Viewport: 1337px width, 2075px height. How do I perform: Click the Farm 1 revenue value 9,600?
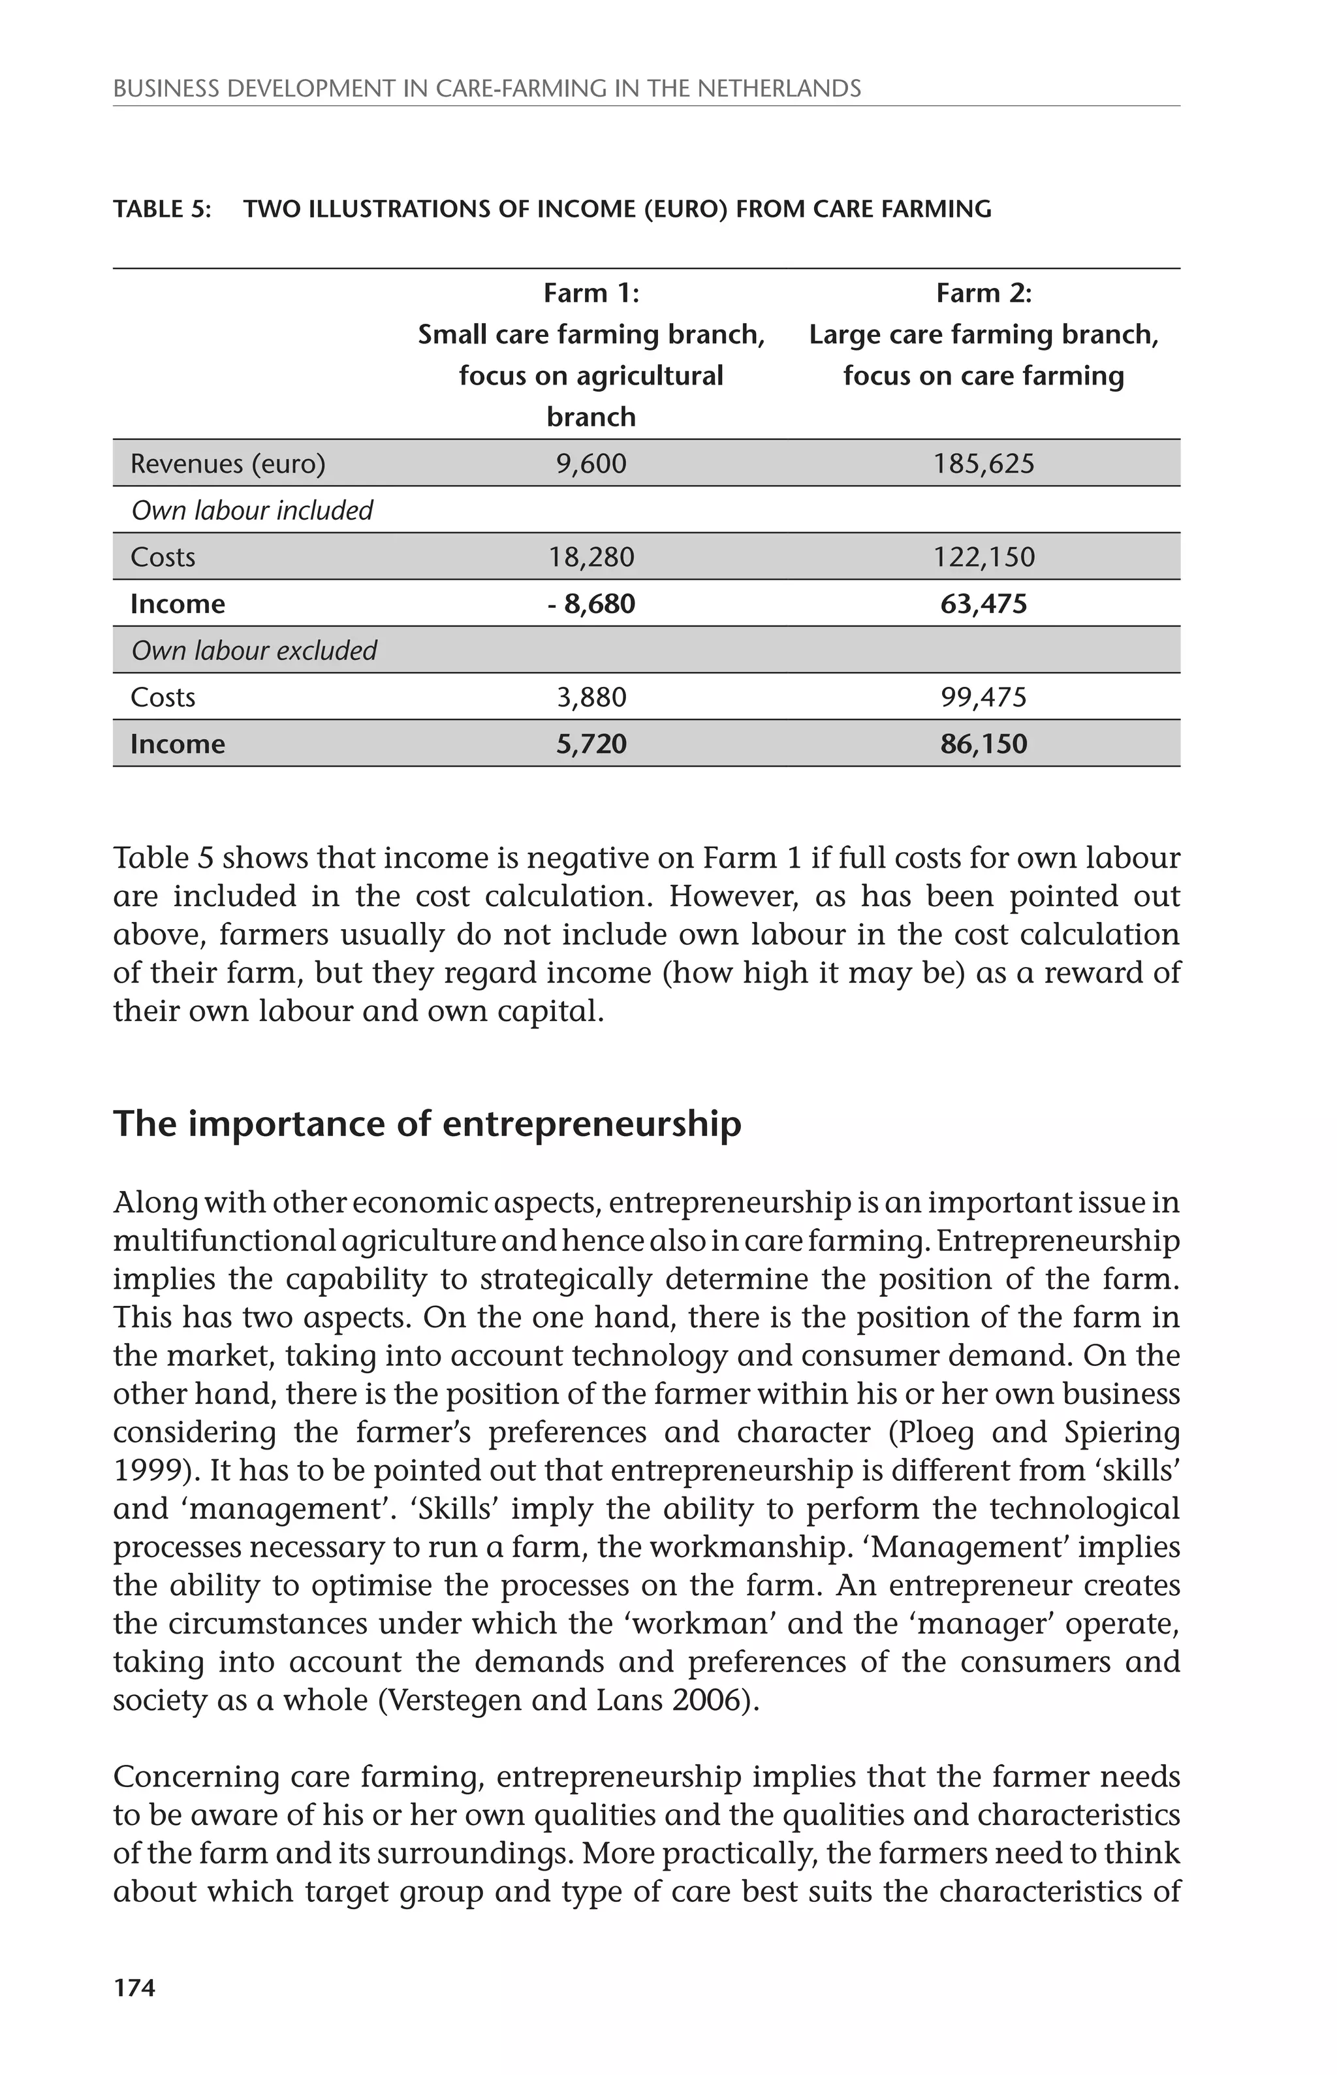tap(591, 464)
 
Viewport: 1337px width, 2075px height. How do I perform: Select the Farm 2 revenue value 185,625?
tap(984, 464)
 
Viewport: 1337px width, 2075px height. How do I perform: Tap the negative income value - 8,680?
tap(591, 603)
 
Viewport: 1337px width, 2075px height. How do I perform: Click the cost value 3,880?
tap(591, 697)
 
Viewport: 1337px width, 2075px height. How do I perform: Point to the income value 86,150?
tap(984, 744)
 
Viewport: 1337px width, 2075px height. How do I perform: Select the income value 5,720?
tap(591, 744)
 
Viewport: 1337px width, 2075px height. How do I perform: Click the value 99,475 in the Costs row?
tap(984, 697)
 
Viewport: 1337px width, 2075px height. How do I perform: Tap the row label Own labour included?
tap(252, 511)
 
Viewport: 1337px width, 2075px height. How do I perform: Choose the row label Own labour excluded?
tap(253, 650)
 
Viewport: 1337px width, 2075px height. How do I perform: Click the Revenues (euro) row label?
tap(227, 464)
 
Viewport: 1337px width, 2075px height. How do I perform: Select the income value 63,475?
tap(984, 603)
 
